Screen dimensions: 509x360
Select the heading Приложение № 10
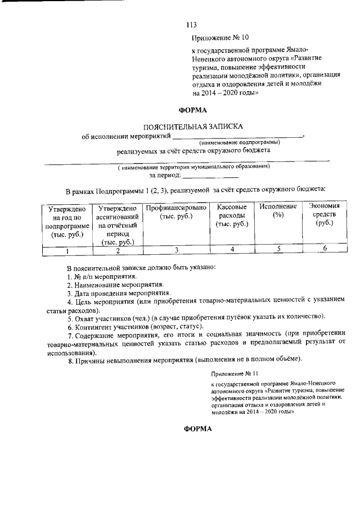click(219, 39)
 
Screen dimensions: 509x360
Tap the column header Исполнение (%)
click(277, 211)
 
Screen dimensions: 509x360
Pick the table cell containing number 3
click(177, 250)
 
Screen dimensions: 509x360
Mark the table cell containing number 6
click(325, 249)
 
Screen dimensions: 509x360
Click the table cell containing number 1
click(67, 251)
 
